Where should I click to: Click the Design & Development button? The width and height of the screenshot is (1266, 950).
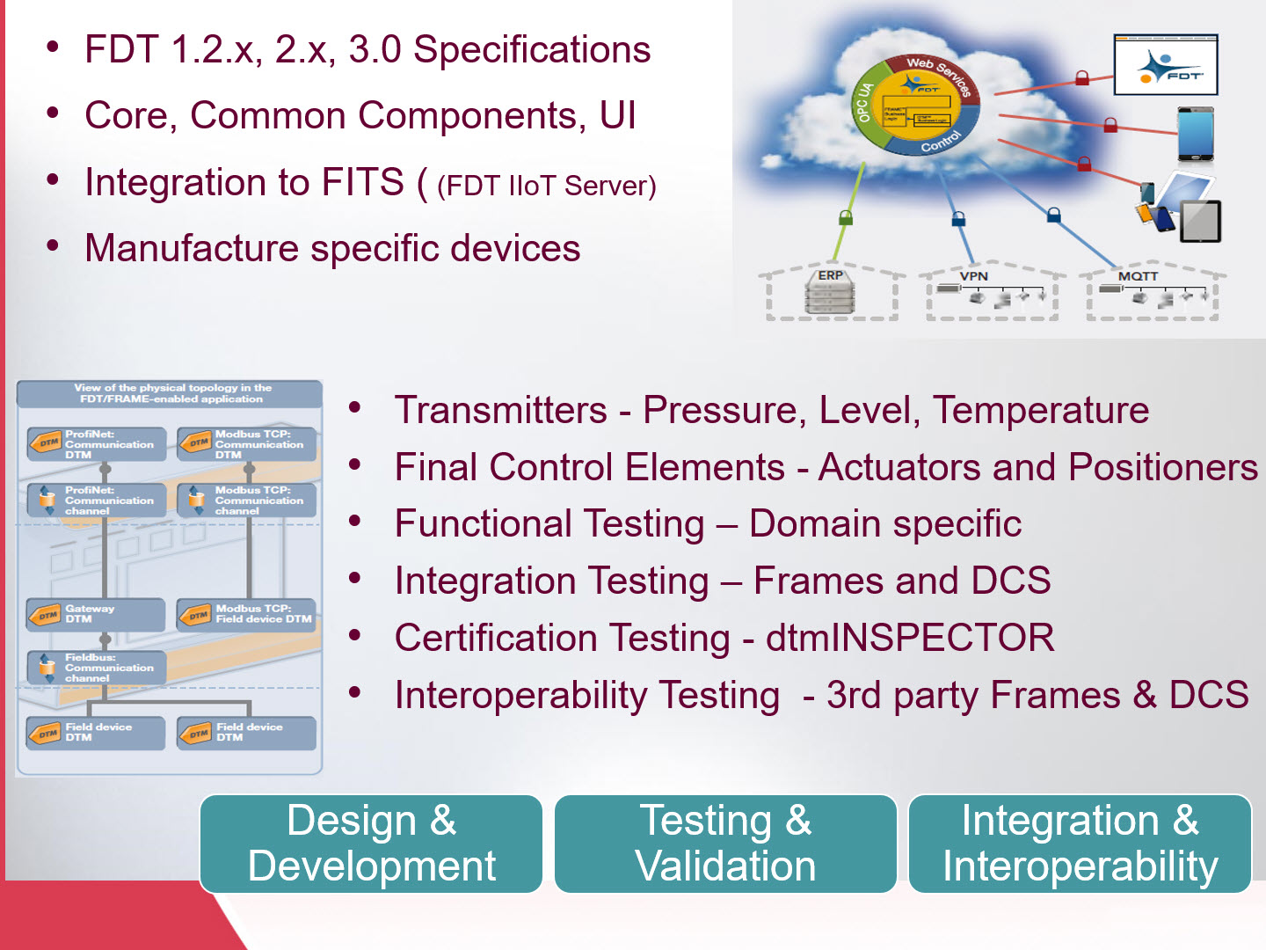(371, 844)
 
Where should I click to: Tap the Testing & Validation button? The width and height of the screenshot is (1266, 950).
(725, 844)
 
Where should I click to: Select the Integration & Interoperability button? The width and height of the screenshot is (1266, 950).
(1080, 844)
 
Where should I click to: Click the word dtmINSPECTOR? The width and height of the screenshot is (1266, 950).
(910, 638)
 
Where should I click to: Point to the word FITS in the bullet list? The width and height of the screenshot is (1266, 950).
(362, 182)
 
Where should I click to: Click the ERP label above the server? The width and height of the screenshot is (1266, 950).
(830, 275)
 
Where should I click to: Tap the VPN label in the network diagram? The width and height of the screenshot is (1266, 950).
(973, 276)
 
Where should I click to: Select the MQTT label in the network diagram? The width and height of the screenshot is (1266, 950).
(1138, 276)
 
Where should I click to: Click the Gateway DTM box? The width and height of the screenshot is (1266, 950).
(96, 614)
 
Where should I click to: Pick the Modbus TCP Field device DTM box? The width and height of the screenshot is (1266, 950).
(247, 614)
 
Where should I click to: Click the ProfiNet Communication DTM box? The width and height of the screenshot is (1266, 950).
(96, 444)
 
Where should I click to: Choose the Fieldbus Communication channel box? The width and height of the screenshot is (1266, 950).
(96, 668)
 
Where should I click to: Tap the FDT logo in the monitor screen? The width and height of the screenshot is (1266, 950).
(1166, 66)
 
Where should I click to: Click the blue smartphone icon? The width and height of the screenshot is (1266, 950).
(1196, 134)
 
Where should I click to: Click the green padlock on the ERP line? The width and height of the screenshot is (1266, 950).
(846, 216)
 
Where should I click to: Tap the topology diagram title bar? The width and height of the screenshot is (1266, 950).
(171, 393)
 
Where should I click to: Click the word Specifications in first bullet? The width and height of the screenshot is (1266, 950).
(532, 49)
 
